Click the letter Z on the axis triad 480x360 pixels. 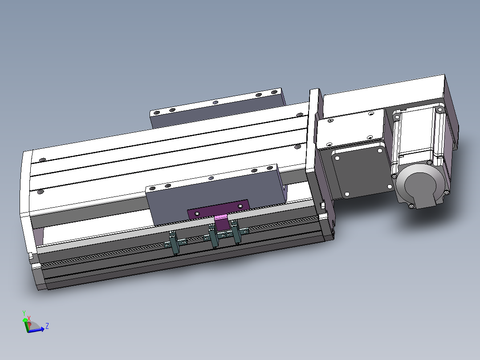(x=47, y=326)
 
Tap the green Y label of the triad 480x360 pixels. (x=24, y=313)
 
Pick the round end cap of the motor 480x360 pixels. (x=419, y=186)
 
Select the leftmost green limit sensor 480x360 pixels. (x=174, y=242)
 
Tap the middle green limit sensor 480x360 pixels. (x=213, y=236)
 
